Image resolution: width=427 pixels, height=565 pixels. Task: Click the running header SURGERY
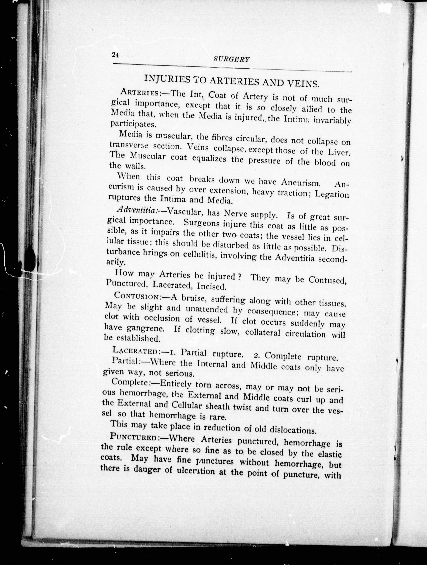[231, 59]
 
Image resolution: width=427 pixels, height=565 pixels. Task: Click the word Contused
[327, 280]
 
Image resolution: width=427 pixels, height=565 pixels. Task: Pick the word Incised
[213, 287]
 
